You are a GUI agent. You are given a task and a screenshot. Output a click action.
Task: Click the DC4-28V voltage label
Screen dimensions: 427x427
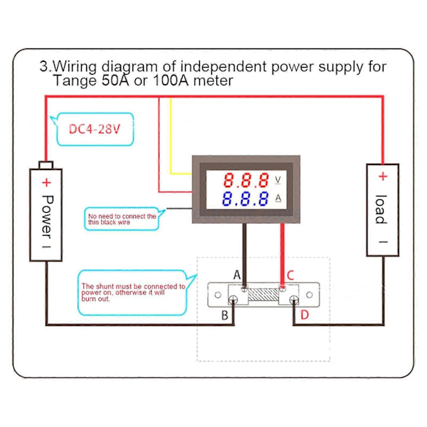94,129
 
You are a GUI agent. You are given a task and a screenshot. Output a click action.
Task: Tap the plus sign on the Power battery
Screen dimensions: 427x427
46,182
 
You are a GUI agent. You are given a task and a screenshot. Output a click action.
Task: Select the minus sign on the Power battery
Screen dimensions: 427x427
46,247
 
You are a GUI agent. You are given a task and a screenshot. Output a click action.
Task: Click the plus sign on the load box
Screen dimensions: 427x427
383,176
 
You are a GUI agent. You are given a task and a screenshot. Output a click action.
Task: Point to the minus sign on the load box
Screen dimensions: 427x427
383,242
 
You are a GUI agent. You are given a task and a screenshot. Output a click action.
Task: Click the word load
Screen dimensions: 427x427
381,209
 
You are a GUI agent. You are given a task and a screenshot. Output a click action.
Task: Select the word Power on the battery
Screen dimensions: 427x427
48,217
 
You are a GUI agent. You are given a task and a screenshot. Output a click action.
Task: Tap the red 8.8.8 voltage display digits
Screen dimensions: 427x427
246,180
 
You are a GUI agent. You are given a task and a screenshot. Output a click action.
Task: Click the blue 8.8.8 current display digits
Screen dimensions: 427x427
245,199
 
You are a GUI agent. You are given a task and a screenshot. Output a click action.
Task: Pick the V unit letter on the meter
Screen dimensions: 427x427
278,180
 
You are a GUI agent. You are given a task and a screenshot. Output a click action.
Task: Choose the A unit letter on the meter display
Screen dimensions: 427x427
278,198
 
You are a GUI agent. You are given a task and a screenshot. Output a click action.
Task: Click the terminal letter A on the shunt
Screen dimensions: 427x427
237,275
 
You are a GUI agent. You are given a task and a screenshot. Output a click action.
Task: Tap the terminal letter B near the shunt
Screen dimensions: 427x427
225,315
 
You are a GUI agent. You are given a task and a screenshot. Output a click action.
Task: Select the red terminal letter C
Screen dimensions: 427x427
290,275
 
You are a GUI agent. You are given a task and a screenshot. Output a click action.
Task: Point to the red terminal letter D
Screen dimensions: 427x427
305,315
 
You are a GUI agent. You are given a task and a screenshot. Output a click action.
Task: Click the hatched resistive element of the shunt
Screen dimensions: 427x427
263,295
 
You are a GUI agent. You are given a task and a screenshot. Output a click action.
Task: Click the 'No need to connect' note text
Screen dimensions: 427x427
122,219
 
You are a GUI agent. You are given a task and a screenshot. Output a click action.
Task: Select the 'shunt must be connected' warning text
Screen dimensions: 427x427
133,292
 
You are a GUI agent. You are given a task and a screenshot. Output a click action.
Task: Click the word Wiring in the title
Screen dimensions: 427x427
75,67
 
